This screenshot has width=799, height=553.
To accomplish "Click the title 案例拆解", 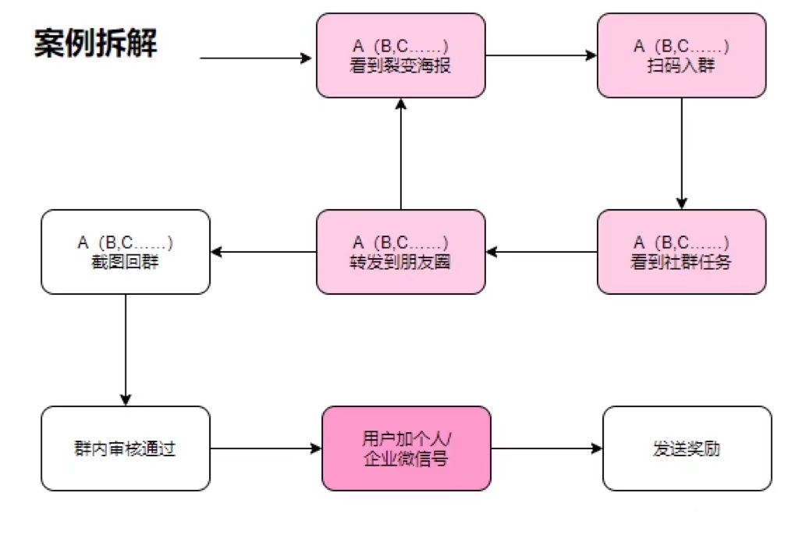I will pyautogui.click(x=95, y=44).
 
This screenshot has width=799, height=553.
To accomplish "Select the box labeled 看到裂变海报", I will pyautogui.click(x=400, y=55).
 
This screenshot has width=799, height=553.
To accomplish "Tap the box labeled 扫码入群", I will pyautogui.click(x=681, y=55).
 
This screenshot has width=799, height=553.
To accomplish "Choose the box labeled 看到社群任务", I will pyautogui.click(x=681, y=252).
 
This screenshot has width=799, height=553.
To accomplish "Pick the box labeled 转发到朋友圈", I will pyautogui.click(x=400, y=252).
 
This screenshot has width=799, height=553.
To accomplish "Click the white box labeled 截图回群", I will pyautogui.click(x=126, y=252).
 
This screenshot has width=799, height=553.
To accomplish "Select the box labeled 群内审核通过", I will pyautogui.click(x=126, y=448).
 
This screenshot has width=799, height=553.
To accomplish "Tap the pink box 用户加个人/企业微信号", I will pyautogui.click(x=407, y=448).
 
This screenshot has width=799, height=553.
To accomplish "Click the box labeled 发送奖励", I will pyautogui.click(x=687, y=448).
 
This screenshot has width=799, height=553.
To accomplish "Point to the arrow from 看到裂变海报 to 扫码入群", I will pyautogui.click(x=541, y=55).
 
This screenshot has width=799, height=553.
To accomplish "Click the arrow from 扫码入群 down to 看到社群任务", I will pyautogui.click(x=681, y=153).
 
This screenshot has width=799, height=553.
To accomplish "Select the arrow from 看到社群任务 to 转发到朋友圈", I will pyautogui.click(x=541, y=252).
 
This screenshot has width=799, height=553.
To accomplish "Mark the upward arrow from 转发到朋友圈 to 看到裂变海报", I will pyautogui.click(x=400, y=154).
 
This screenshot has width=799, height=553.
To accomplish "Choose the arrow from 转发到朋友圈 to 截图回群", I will pyautogui.click(x=263, y=252).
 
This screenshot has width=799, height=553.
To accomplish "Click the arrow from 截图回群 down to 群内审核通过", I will pyautogui.click(x=126, y=349).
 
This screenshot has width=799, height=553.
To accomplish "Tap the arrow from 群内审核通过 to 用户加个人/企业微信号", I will pyautogui.click(x=266, y=448).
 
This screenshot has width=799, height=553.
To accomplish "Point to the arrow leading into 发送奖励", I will pyautogui.click(x=547, y=448).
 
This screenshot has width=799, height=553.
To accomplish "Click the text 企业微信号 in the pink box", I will pyautogui.click(x=407, y=459).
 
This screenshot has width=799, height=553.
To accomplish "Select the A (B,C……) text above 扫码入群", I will pyautogui.click(x=681, y=46).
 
